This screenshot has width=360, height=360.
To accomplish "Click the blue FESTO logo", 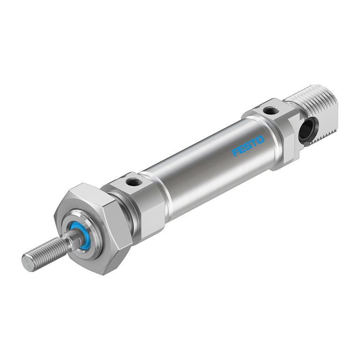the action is [x=248, y=146].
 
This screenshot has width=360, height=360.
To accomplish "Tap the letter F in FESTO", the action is [x=236, y=153].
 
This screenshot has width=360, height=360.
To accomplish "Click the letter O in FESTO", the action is [x=260, y=140].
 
